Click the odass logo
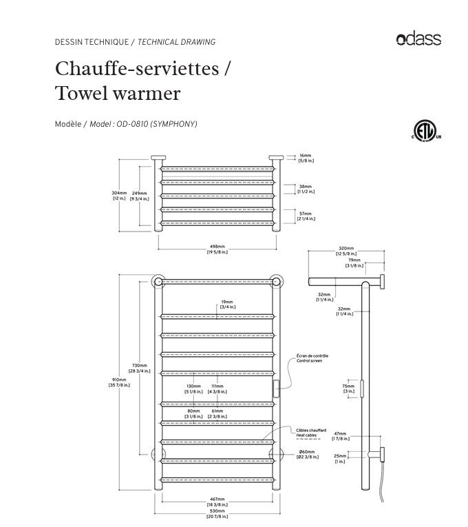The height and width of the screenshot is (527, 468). tap(418, 39)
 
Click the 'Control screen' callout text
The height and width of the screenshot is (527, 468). tap(312, 359)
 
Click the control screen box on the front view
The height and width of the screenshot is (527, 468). tap(277, 389)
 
